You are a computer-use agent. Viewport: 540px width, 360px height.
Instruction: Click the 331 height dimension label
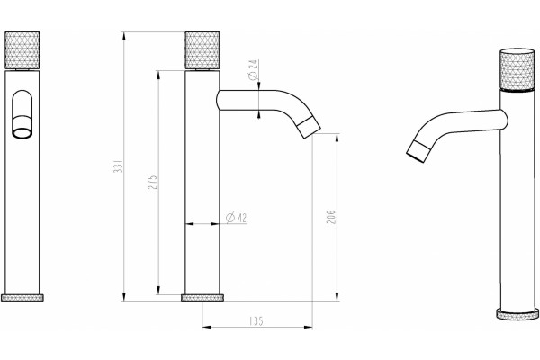[x=119, y=166]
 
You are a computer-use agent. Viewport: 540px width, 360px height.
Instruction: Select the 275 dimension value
[x=153, y=182]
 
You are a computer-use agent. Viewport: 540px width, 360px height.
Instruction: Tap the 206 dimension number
[x=331, y=217]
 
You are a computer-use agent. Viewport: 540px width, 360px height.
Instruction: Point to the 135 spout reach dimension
[x=256, y=321]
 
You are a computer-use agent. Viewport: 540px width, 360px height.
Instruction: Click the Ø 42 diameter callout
[x=236, y=218]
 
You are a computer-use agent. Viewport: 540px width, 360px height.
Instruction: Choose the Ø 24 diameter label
[x=253, y=69]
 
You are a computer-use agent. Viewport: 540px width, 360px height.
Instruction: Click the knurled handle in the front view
[x=22, y=50]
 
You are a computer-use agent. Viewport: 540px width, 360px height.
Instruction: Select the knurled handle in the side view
[x=202, y=50]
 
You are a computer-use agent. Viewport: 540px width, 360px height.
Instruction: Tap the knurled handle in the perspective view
[x=517, y=70]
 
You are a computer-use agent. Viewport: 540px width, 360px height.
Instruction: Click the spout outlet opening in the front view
[x=22, y=132]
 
